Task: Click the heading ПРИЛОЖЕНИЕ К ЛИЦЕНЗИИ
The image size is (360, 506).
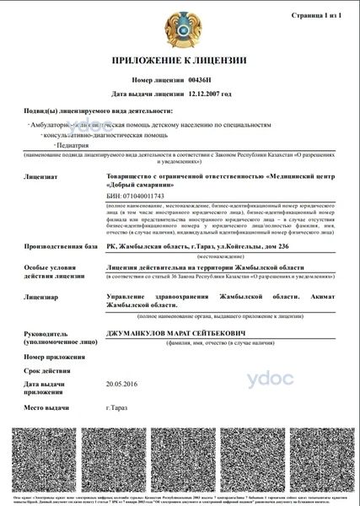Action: pyautogui.click(x=179, y=62)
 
